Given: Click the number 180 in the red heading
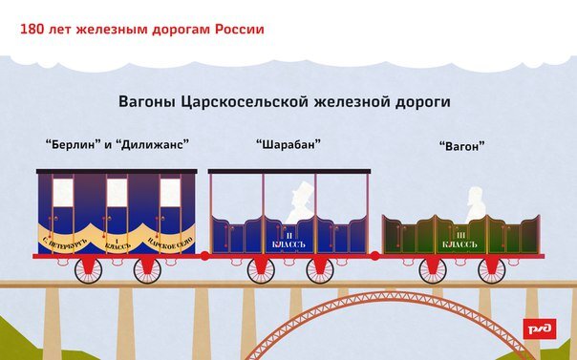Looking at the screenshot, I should [x=32, y=28].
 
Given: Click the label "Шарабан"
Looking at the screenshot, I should [x=288, y=144].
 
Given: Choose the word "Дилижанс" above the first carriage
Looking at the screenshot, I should [x=154, y=144].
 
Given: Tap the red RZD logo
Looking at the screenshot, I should [x=539, y=329].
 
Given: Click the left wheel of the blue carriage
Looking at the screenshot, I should [x=88, y=269].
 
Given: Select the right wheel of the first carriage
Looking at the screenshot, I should [x=147, y=269].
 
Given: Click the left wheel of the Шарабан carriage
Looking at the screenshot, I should [x=261, y=269].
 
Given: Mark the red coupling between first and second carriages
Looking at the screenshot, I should [x=203, y=255].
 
